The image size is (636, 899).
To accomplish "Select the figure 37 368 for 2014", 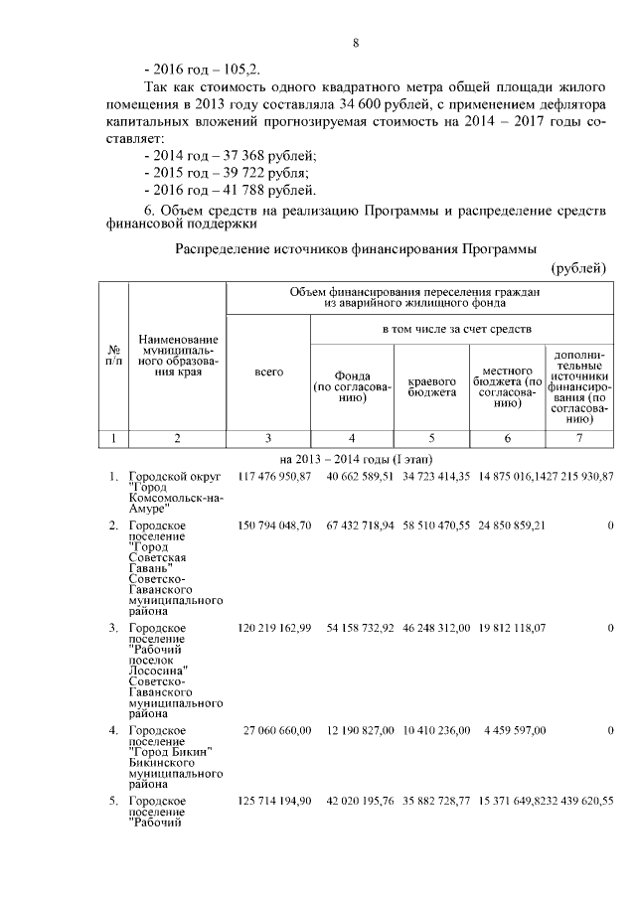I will tap(256, 156).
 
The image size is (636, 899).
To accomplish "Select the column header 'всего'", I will tap(268, 372).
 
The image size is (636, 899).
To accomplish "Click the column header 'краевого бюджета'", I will tap(432, 386).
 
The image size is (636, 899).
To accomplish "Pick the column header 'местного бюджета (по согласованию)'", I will tap(507, 386).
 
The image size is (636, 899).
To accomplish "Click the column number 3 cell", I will tap(268, 437).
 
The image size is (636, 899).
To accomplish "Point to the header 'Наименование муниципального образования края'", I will tap(178, 358).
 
